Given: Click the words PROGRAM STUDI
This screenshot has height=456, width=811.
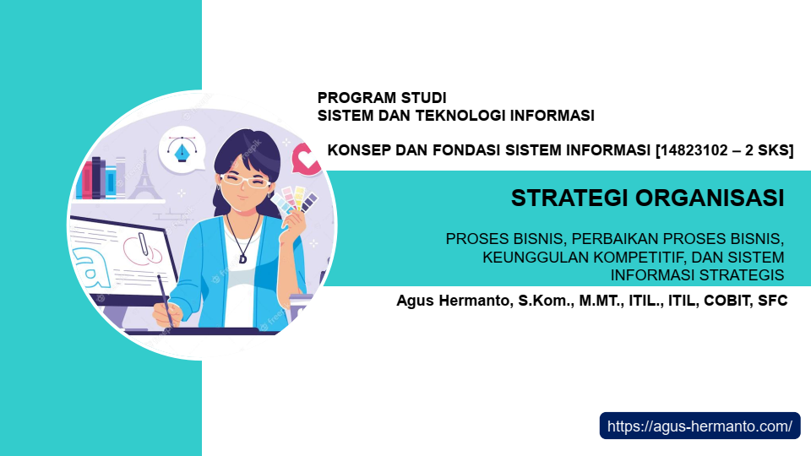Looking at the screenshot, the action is [382, 98].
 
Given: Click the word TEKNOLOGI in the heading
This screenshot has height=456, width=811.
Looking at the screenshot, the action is [460, 116].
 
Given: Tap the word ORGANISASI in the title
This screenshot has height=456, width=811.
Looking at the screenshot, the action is [710, 198].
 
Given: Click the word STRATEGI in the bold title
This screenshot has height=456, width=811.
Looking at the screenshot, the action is [570, 198].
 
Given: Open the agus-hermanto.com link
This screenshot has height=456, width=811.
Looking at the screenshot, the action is [699, 426].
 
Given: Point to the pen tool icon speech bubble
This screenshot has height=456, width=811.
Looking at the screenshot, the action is [182, 149].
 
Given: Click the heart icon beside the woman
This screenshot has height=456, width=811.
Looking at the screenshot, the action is [306, 160].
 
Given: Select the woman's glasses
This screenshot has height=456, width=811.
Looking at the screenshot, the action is [245, 181].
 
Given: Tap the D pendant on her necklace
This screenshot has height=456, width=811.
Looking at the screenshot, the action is [242, 258].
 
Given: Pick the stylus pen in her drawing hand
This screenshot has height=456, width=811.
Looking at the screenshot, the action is [165, 300].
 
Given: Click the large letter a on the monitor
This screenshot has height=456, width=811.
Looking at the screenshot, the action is [93, 269].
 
